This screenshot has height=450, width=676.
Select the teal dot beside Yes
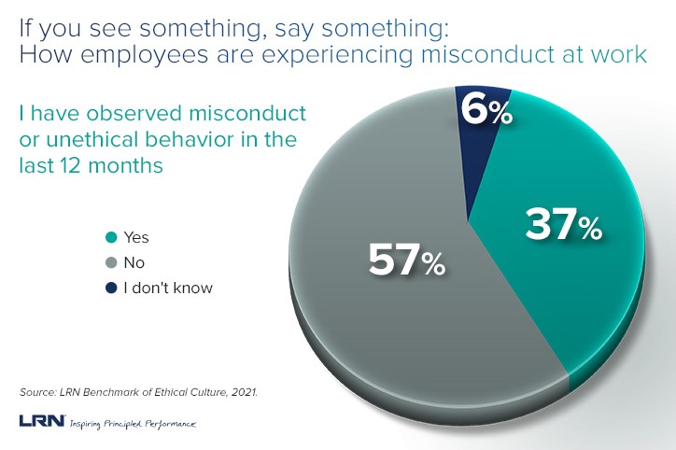[112, 239]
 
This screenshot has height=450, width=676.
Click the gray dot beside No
[112, 263]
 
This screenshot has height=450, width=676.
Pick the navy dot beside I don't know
[112, 288]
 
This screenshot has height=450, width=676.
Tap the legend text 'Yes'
[137, 239]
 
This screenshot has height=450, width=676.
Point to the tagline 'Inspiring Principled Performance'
[133, 423]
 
